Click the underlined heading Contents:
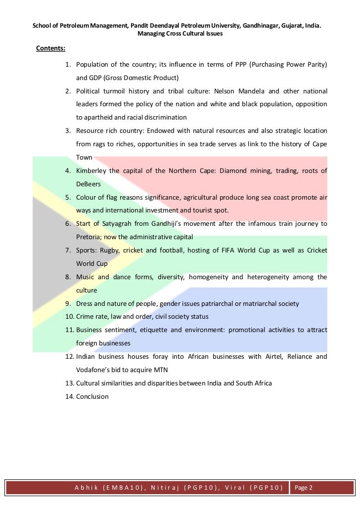tap(51, 48)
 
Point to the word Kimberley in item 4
tap(91, 171)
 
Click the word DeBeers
tap(89, 184)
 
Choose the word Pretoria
tap(90, 236)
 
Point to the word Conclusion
tap(92, 396)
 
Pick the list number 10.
tap(70, 316)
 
